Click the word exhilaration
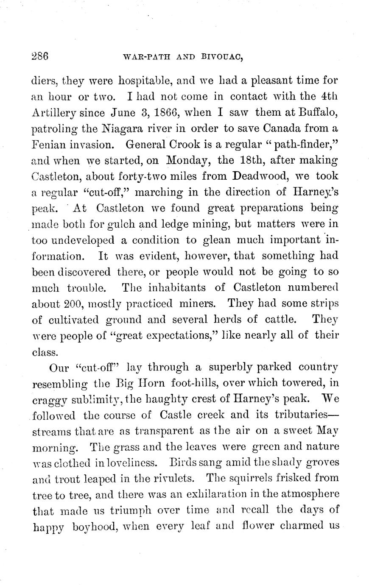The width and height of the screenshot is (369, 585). (192, 494)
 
